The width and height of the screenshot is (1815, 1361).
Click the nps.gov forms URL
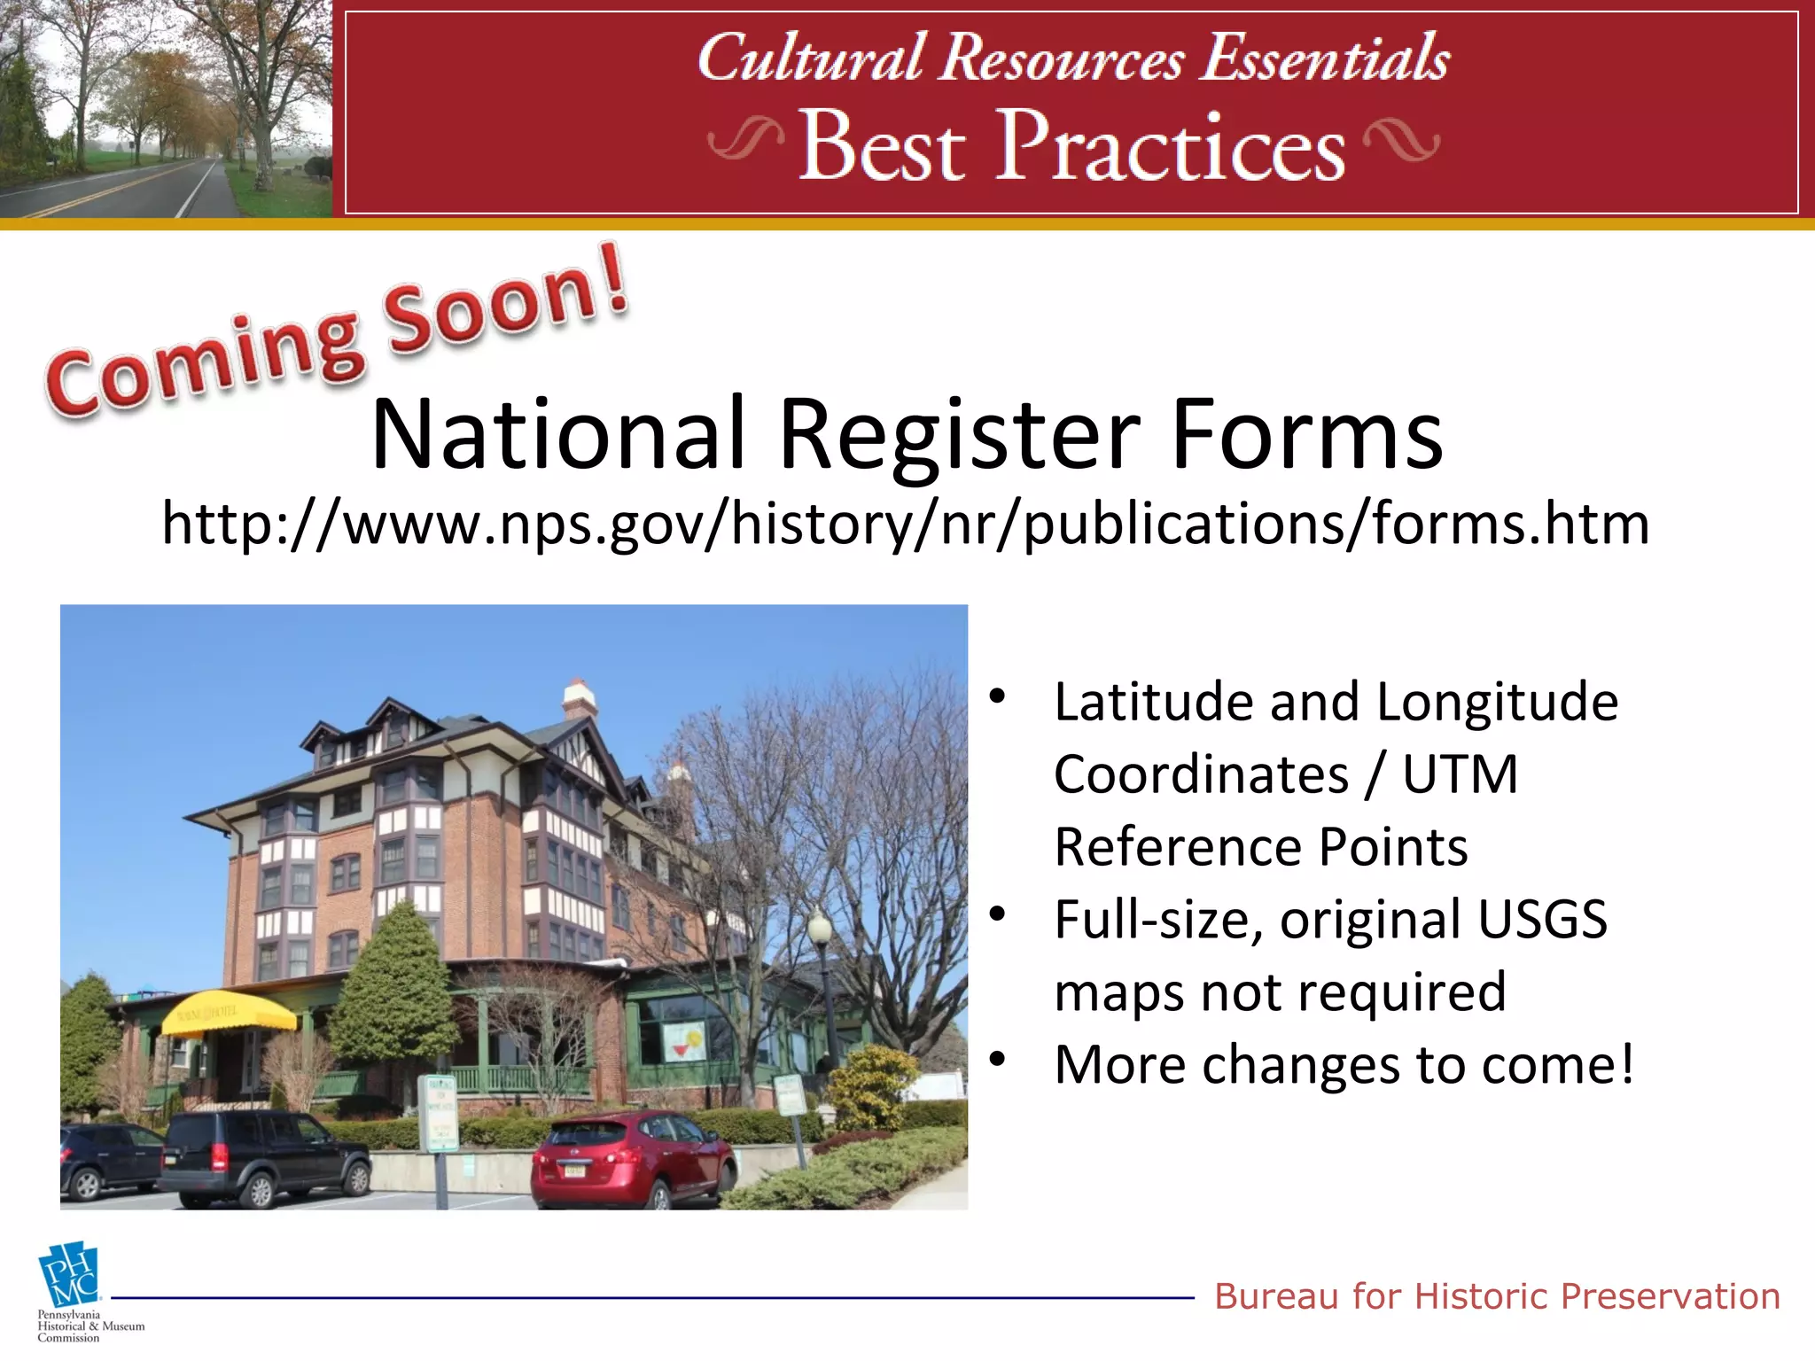point(905,523)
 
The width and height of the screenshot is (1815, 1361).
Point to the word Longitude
point(1497,702)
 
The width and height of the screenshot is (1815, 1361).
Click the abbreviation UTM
point(1460,774)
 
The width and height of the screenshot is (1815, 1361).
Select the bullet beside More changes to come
point(998,1059)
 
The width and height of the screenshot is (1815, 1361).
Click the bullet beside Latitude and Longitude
point(998,696)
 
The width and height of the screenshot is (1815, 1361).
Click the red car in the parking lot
point(633,1156)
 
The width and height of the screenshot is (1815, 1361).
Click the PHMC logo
point(69,1276)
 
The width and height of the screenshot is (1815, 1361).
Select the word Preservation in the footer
point(1670,1296)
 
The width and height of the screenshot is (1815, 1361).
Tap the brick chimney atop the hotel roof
point(580,697)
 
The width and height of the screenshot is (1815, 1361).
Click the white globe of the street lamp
point(819,928)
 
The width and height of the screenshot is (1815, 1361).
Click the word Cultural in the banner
point(810,58)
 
